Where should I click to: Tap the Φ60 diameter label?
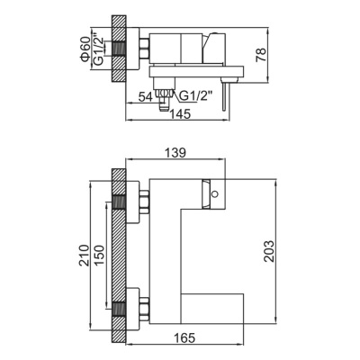coord(83,45)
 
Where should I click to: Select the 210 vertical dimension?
coord(82,253)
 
